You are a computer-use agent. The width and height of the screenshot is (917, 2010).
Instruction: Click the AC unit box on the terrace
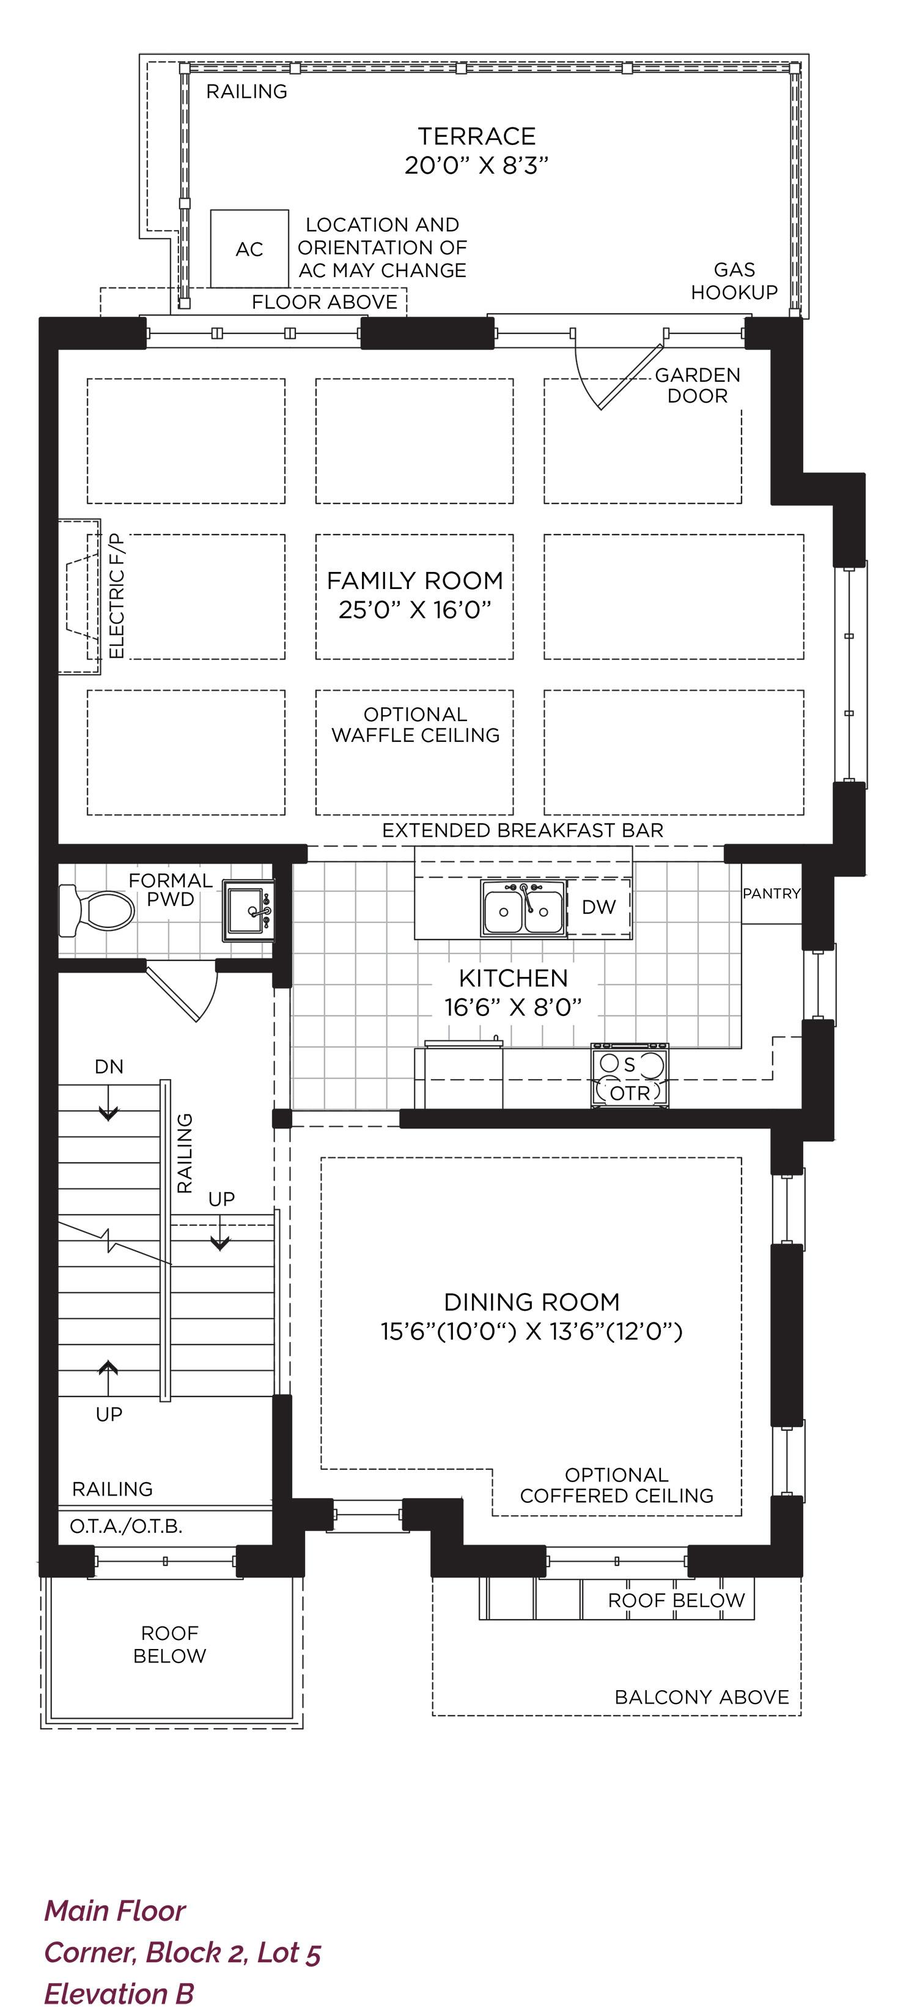[x=249, y=248]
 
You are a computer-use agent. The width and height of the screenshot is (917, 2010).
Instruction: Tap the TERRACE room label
[x=476, y=136]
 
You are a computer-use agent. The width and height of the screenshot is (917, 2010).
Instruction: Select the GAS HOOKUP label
[x=735, y=281]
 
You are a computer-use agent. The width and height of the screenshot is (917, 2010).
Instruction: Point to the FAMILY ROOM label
[x=415, y=580]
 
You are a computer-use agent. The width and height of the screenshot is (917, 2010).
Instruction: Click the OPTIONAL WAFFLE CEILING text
[x=416, y=725]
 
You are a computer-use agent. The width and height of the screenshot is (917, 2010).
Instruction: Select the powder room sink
[x=249, y=911]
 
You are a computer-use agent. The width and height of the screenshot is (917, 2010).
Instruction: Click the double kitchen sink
[x=523, y=909]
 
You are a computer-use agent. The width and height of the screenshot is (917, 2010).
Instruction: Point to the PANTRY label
[x=771, y=894]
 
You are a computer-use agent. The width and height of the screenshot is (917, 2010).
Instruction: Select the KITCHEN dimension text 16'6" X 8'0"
[x=513, y=1007]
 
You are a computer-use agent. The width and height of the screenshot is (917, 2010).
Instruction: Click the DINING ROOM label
[x=532, y=1302]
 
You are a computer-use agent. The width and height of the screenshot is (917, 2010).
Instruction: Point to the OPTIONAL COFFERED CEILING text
[x=617, y=1485]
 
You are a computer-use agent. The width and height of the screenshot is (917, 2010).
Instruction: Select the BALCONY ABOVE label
[x=702, y=1697]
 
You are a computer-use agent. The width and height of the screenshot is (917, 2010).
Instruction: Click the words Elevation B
[x=119, y=1993]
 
